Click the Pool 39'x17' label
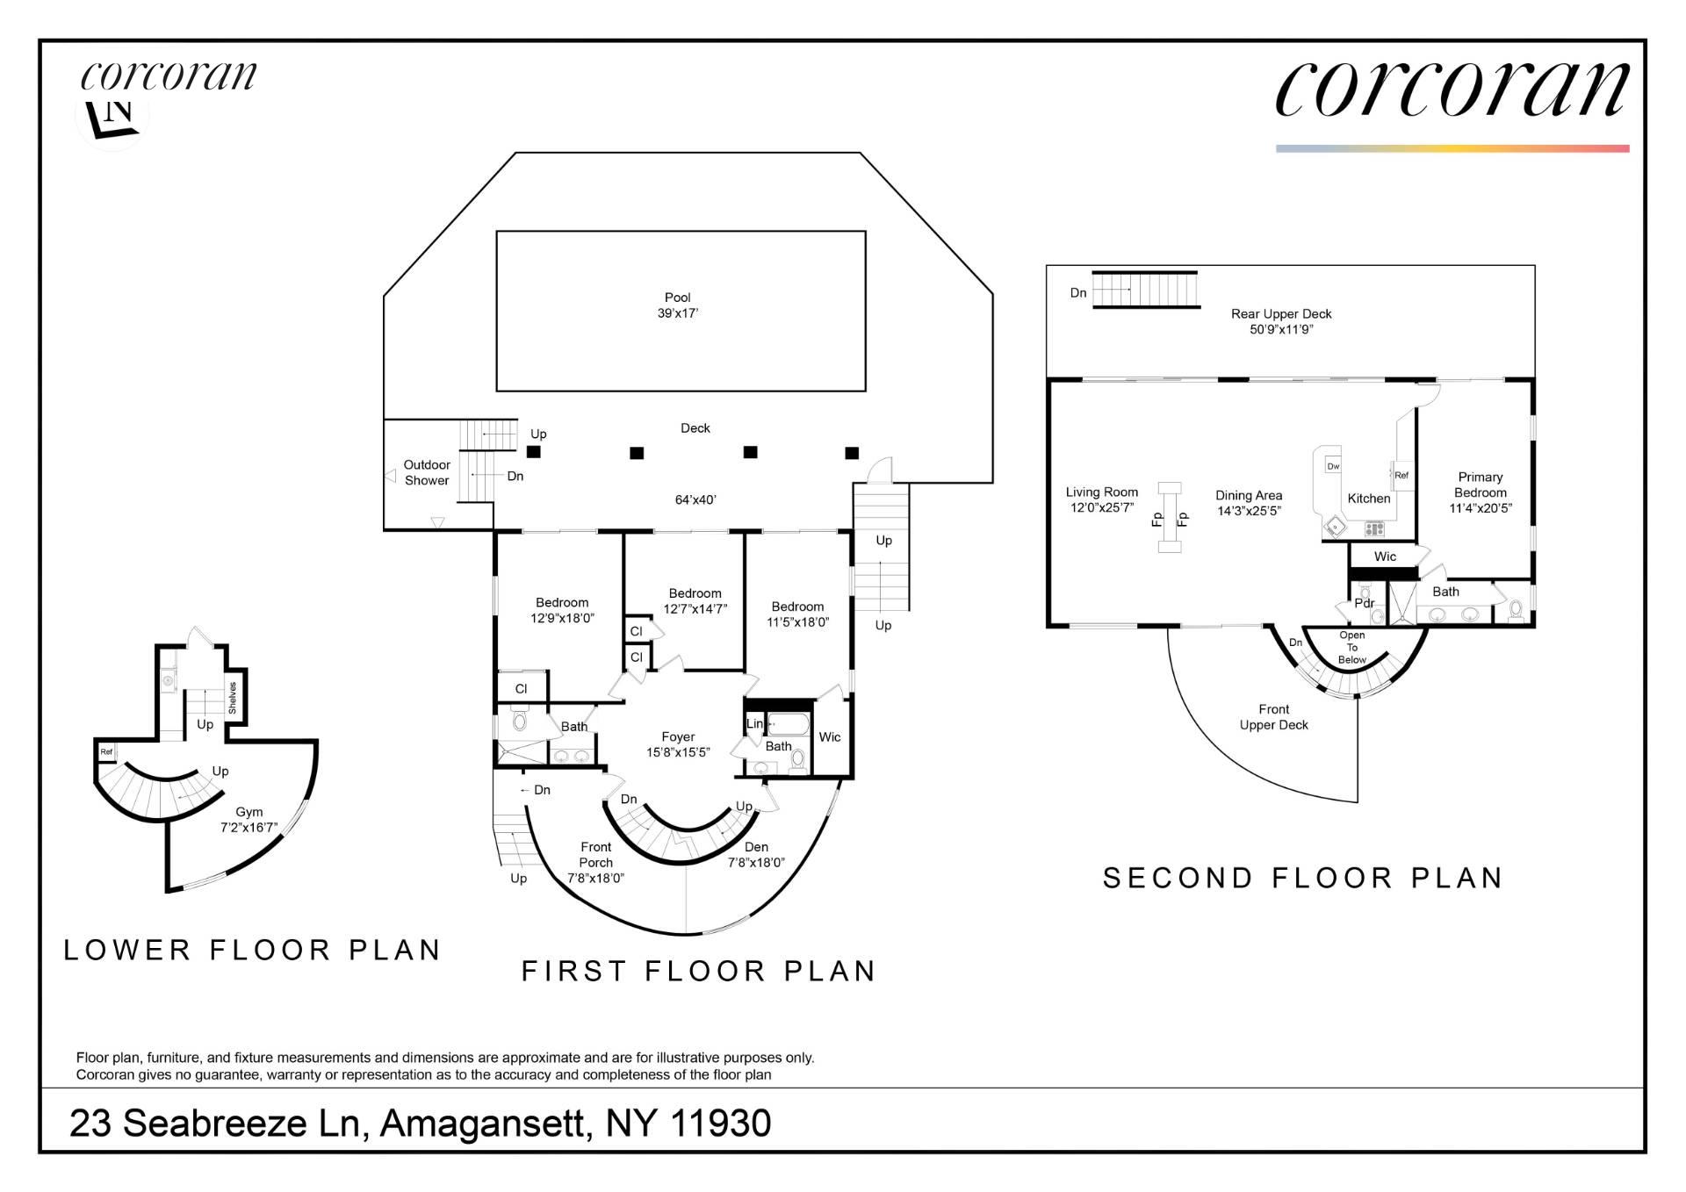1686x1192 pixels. [x=677, y=305]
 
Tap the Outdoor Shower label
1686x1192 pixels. [x=427, y=472]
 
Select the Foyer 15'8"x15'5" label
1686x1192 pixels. [x=678, y=744]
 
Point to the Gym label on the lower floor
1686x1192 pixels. [x=249, y=812]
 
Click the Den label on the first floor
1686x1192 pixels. [x=756, y=847]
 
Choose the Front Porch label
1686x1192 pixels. [x=595, y=855]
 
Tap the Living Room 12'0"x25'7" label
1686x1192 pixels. [x=1102, y=499]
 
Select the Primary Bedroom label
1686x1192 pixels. [x=1481, y=492]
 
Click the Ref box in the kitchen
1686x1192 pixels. [x=1401, y=476]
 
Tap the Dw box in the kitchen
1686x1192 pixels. [x=1333, y=466]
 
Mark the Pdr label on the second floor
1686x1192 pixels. [x=1364, y=603]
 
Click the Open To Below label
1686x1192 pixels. [x=1352, y=647]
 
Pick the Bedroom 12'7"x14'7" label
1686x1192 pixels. [x=695, y=601]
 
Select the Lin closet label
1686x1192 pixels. [x=754, y=724]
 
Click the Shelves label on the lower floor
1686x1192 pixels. [x=233, y=697]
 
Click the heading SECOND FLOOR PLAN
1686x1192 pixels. [x=1303, y=878]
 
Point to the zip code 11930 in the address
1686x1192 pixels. [x=721, y=1124]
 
